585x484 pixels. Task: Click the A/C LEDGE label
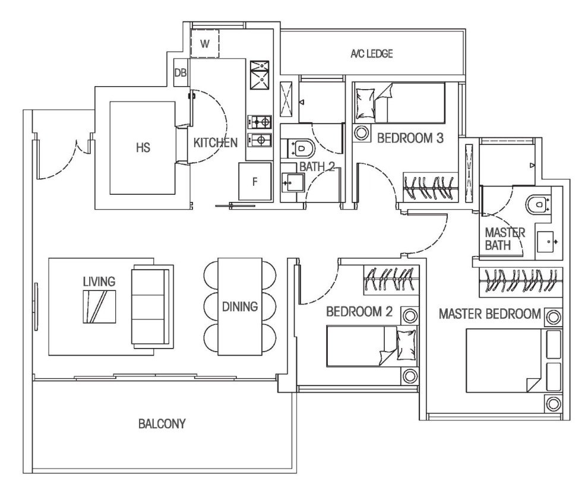pyautogui.click(x=372, y=53)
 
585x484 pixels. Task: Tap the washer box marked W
pyautogui.click(x=204, y=44)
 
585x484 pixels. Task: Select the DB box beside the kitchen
pyautogui.click(x=181, y=72)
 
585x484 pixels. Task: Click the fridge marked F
pyautogui.click(x=255, y=181)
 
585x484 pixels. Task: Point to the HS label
pyautogui.click(x=143, y=148)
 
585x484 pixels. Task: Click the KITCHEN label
pyautogui.click(x=215, y=142)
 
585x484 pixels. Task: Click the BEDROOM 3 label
pyautogui.click(x=410, y=138)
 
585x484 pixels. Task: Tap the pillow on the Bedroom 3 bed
pyautogui.click(x=365, y=103)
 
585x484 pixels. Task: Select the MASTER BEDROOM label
pyautogui.click(x=489, y=314)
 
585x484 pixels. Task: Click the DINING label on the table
pyautogui.click(x=240, y=306)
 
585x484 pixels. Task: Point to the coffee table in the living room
pyautogui.click(x=99, y=307)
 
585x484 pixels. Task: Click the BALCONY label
pyautogui.click(x=162, y=424)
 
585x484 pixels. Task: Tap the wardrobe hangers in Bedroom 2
pyautogui.click(x=390, y=279)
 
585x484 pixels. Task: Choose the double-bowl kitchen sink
pyautogui.click(x=260, y=75)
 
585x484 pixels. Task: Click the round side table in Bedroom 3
pyautogui.click(x=362, y=133)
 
